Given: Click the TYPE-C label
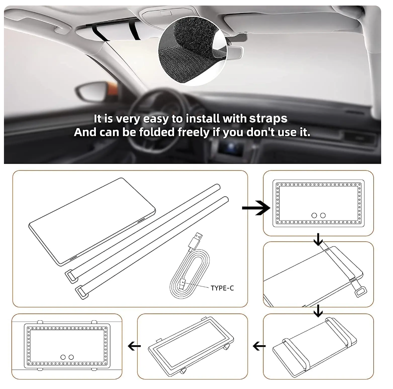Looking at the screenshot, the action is tap(222, 288).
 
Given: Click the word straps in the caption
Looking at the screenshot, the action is tap(268, 119).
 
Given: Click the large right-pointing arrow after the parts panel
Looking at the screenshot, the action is tap(256, 208).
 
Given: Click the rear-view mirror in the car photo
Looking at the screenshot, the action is tap(233, 52).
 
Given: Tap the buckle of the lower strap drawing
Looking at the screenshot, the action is tap(82, 292).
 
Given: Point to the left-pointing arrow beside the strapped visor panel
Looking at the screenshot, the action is tap(259, 346).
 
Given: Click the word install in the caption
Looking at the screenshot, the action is tap(203, 119).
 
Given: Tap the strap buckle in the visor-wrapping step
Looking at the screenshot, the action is tap(361, 292).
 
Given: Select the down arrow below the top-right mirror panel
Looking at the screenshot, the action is tap(318, 239).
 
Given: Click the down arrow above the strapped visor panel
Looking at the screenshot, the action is tap(318, 311).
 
